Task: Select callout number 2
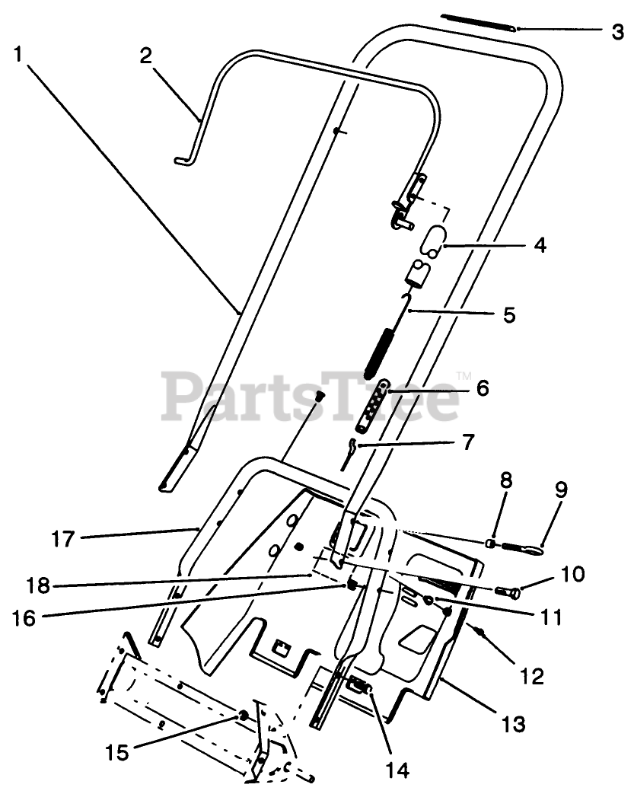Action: tap(145, 56)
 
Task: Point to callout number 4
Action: tap(540, 246)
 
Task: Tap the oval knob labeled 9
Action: tap(526, 546)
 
